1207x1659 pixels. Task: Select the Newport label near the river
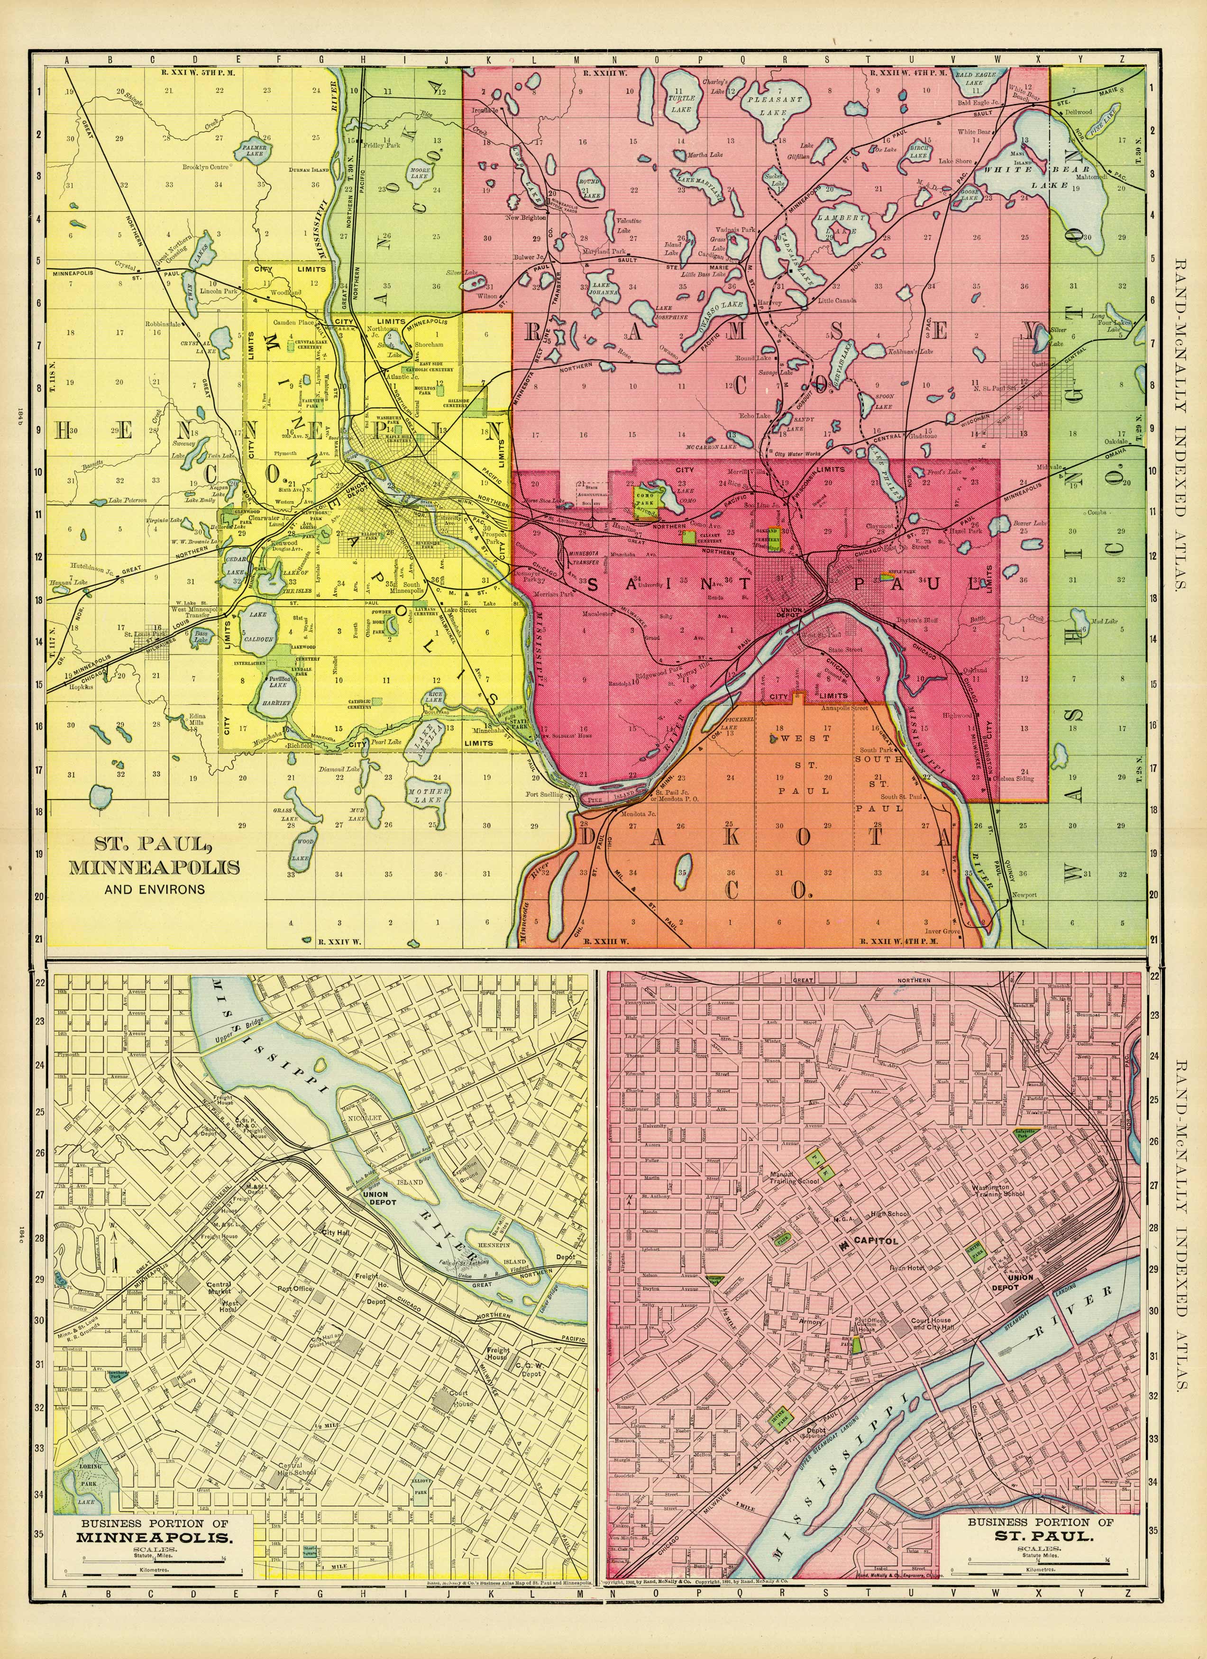click(1024, 894)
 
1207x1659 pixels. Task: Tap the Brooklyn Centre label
click(206, 167)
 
